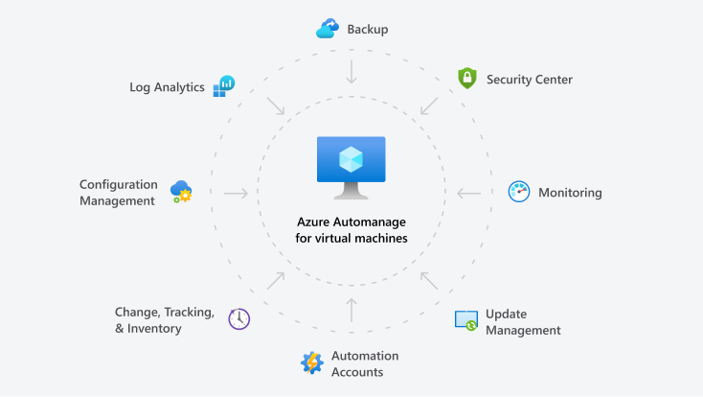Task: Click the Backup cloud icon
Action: [x=328, y=30]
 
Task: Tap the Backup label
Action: [x=368, y=30]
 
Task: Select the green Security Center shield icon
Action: [x=466, y=79]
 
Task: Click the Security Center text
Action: [x=529, y=80]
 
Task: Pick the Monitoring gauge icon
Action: [x=518, y=192]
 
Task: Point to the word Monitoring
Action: [x=570, y=193]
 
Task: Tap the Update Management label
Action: [x=522, y=322]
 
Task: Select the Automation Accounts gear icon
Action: [x=312, y=363]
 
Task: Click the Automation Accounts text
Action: [x=364, y=363]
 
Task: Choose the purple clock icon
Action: [x=238, y=319]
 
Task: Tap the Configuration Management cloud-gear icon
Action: [x=181, y=192]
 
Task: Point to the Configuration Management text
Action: [x=117, y=192]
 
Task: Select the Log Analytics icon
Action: [x=224, y=86]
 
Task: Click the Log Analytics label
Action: [x=167, y=87]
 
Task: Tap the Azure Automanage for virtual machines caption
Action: [x=351, y=228]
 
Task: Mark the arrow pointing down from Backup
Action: [x=351, y=71]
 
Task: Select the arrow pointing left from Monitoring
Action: [x=468, y=193]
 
